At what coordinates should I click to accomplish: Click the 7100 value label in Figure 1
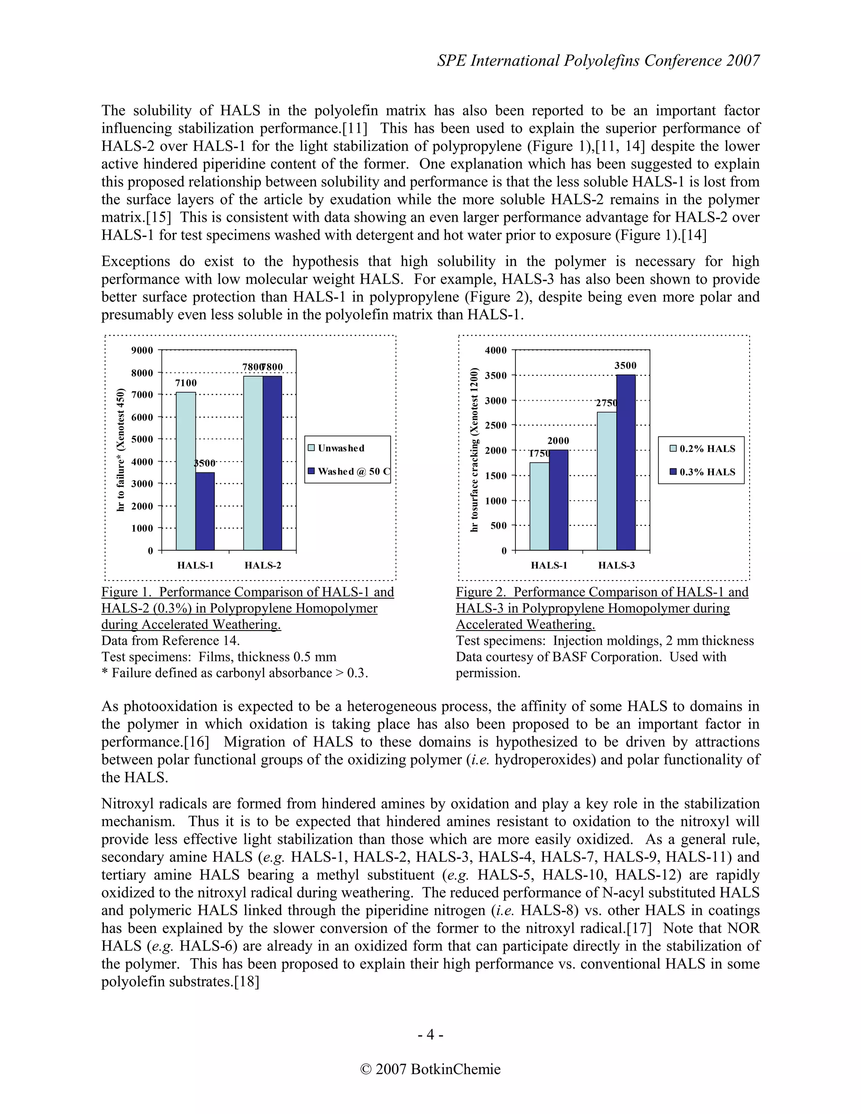[x=186, y=383]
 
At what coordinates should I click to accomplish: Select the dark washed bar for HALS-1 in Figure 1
[x=205, y=511]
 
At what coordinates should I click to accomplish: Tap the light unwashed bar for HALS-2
[x=253, y=463]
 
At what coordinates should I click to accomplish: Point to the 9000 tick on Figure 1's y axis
[x=143, y=351]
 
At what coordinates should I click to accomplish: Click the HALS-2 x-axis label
[x=263, y=565]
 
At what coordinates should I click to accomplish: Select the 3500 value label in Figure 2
[x=625, y=366]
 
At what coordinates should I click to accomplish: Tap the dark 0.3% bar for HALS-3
[x=626, y=463]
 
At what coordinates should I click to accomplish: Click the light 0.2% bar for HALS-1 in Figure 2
[x=539, y=507]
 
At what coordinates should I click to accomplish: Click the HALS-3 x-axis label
[x=616, y=565]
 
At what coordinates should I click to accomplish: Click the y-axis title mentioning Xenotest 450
[x=121, y=449]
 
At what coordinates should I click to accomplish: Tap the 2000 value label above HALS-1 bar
[x=558, y=441]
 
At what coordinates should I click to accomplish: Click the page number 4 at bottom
[x=430, y=1035]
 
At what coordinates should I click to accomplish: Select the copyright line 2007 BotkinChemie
[x=430, y=1069]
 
